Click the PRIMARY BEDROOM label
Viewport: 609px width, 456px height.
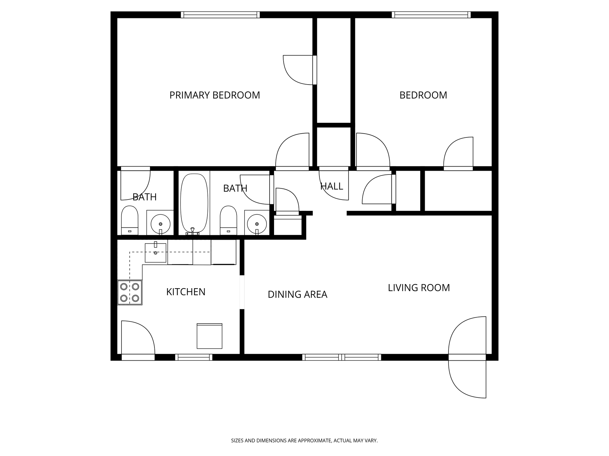(214, 95)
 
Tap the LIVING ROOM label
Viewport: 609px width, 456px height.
(419, 288)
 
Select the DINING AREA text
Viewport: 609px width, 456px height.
(297, 294)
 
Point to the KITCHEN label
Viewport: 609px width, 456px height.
(186, 292)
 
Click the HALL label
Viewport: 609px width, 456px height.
(331, 186)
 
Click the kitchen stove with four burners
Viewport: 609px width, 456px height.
(130, 293)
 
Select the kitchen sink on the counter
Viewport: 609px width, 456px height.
(155, 253)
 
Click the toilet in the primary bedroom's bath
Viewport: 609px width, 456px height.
(130, 220)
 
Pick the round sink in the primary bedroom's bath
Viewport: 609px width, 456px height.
(160, 224)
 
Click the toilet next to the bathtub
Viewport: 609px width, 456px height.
(228, 220)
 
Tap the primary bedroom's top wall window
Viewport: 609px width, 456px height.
(220, 15)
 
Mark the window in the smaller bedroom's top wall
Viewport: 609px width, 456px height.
(431, 15)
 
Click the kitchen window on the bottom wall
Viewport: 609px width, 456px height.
(193, 357)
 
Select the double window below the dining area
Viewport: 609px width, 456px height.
(342, 357)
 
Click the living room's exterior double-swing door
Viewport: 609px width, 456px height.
(467, 357)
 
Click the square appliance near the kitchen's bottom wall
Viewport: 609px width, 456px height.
(209, 336)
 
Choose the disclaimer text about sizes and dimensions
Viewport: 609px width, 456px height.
(304, 440)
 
